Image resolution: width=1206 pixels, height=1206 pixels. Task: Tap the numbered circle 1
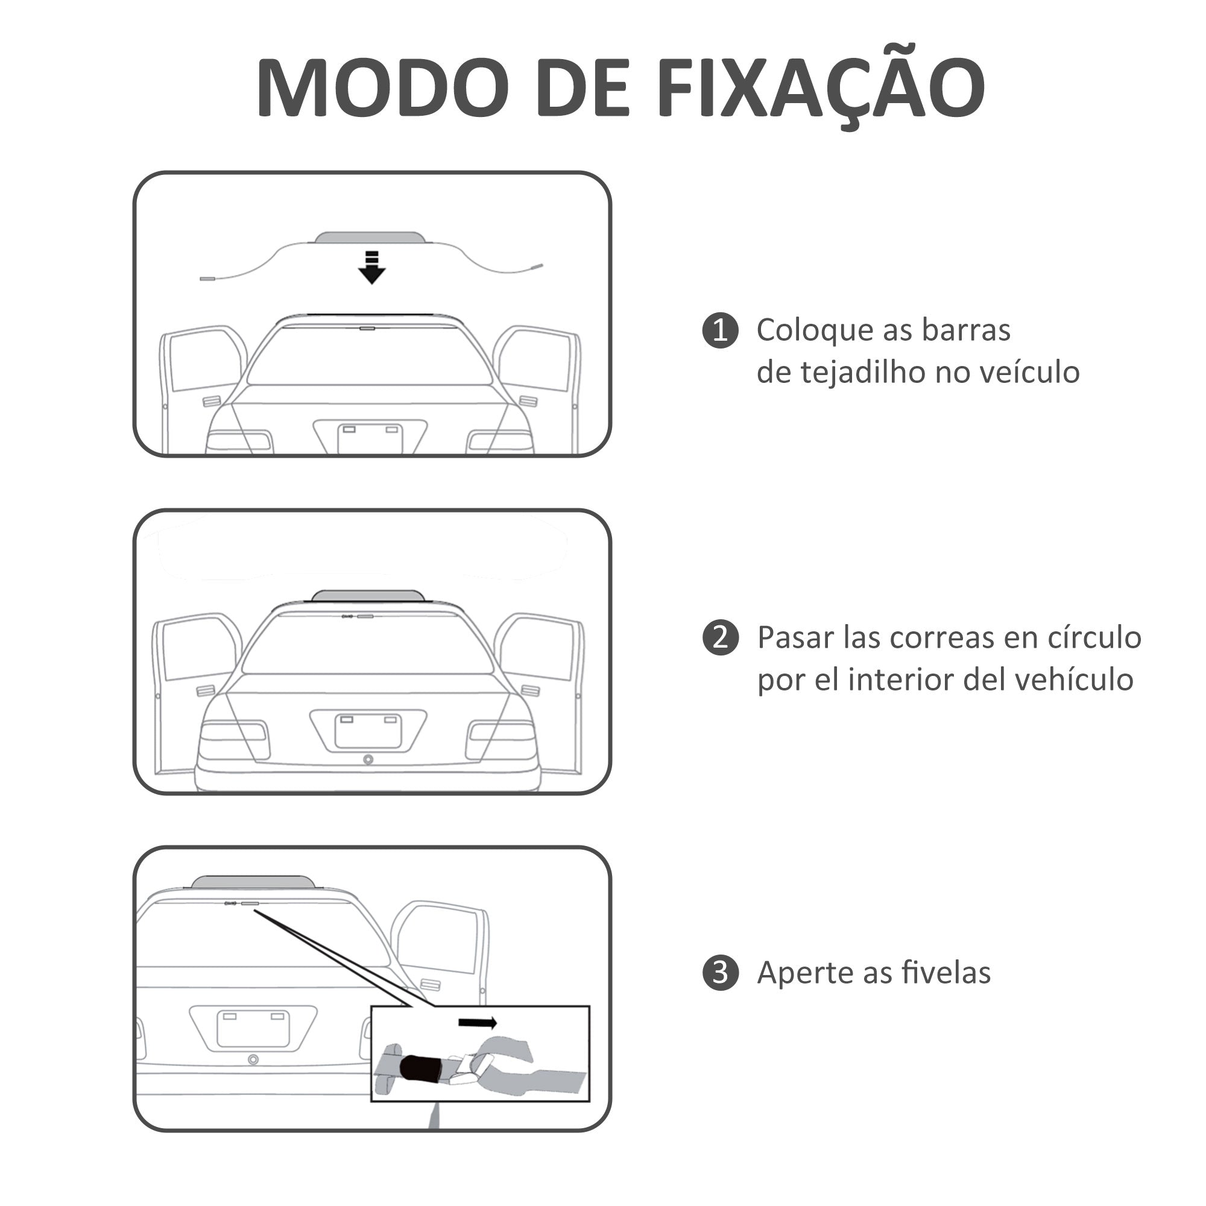tap(721, 330)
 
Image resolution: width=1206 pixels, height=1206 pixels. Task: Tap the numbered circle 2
tap(721, 638)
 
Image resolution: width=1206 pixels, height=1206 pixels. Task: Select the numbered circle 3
tap(721, 973)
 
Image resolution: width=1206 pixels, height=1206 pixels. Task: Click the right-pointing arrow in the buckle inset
tap(478, 1023)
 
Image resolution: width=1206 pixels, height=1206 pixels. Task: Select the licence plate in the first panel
tap(370, 439)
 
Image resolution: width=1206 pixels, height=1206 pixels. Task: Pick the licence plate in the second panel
tap(368, 731)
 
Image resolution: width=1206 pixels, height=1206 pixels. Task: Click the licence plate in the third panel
tap(253, 1029)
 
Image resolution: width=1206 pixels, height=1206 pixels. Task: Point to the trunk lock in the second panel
tap(368, 760)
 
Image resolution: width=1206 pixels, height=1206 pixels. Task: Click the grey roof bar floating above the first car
tap(370, 238)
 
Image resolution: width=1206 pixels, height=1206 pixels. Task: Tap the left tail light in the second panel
tap(234, 739)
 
